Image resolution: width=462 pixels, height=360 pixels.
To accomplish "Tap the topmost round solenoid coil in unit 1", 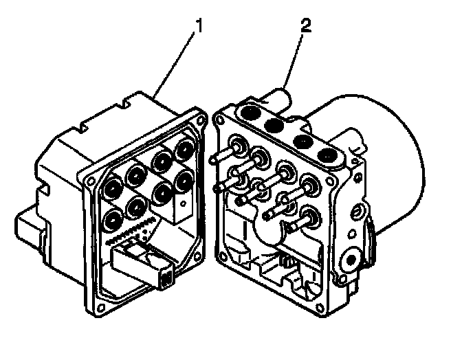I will click(184, 148).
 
